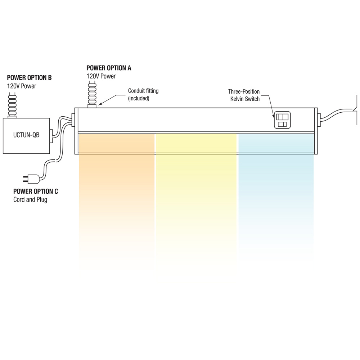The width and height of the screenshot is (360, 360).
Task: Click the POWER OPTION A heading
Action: coord(109,68)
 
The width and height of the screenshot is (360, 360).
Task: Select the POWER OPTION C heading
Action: coord(36,191)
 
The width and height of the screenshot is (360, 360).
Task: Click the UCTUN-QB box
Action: coord(26,135)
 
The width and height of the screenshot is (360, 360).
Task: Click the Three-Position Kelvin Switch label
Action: coord(244,95)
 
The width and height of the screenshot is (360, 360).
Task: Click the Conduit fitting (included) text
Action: coord(143,94)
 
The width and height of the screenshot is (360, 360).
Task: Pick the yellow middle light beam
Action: coord(196,187)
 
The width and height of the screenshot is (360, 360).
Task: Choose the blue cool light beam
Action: coord(276,187)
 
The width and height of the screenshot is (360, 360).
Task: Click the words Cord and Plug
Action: coord(30,199)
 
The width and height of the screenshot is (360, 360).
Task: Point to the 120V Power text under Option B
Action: coord(22,86)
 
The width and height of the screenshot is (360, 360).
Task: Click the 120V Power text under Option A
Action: coord(101,76)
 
